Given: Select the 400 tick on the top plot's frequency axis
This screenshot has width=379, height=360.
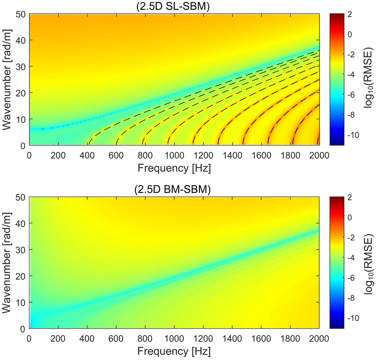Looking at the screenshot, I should pos(88,155).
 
